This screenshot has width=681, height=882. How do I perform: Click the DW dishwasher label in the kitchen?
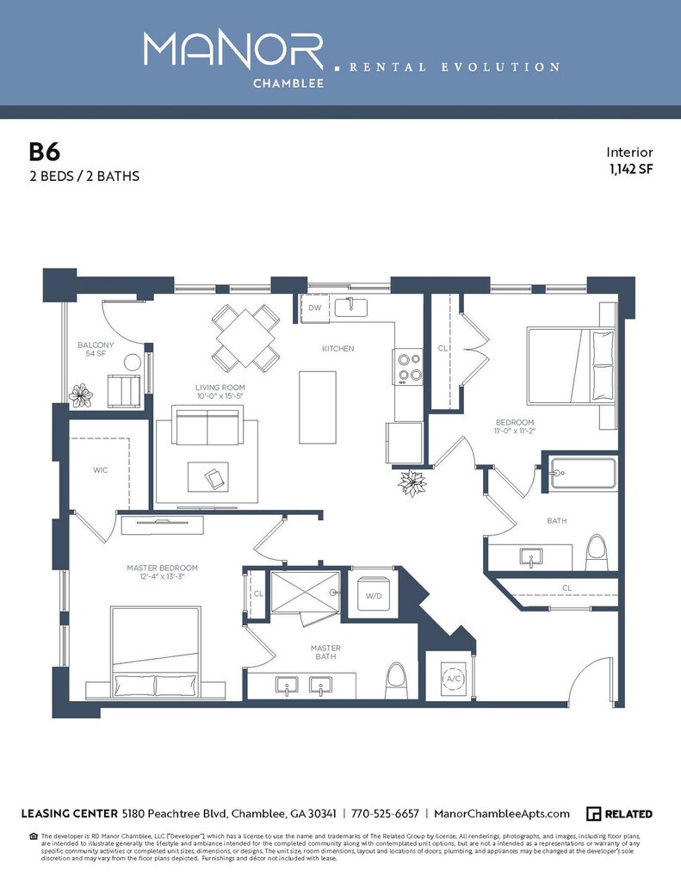[x=314, y=307]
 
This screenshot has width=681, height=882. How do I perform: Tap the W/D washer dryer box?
[x=375, y=595]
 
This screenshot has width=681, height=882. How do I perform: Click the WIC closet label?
[x=100, y=470]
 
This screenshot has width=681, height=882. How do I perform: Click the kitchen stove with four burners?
[x=408, y=365]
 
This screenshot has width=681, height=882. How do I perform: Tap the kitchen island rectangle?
[x=318, y=407]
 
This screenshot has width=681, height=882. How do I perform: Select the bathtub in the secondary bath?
[x=585, y=474]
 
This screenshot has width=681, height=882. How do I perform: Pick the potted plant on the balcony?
[x=81, y=395]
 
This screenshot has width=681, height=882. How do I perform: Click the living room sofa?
[x=206, y=425]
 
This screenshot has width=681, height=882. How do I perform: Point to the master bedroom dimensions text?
[x=162, y=577]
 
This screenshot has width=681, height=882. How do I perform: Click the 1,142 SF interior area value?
[x=630, y=169]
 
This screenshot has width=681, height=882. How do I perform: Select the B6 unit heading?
[x=45, y=152]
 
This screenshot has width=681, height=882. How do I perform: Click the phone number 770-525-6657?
[x=385, y=814]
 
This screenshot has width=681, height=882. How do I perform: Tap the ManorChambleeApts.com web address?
[x=502, y=814]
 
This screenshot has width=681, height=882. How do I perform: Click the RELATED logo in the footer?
[x=619, y=814]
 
